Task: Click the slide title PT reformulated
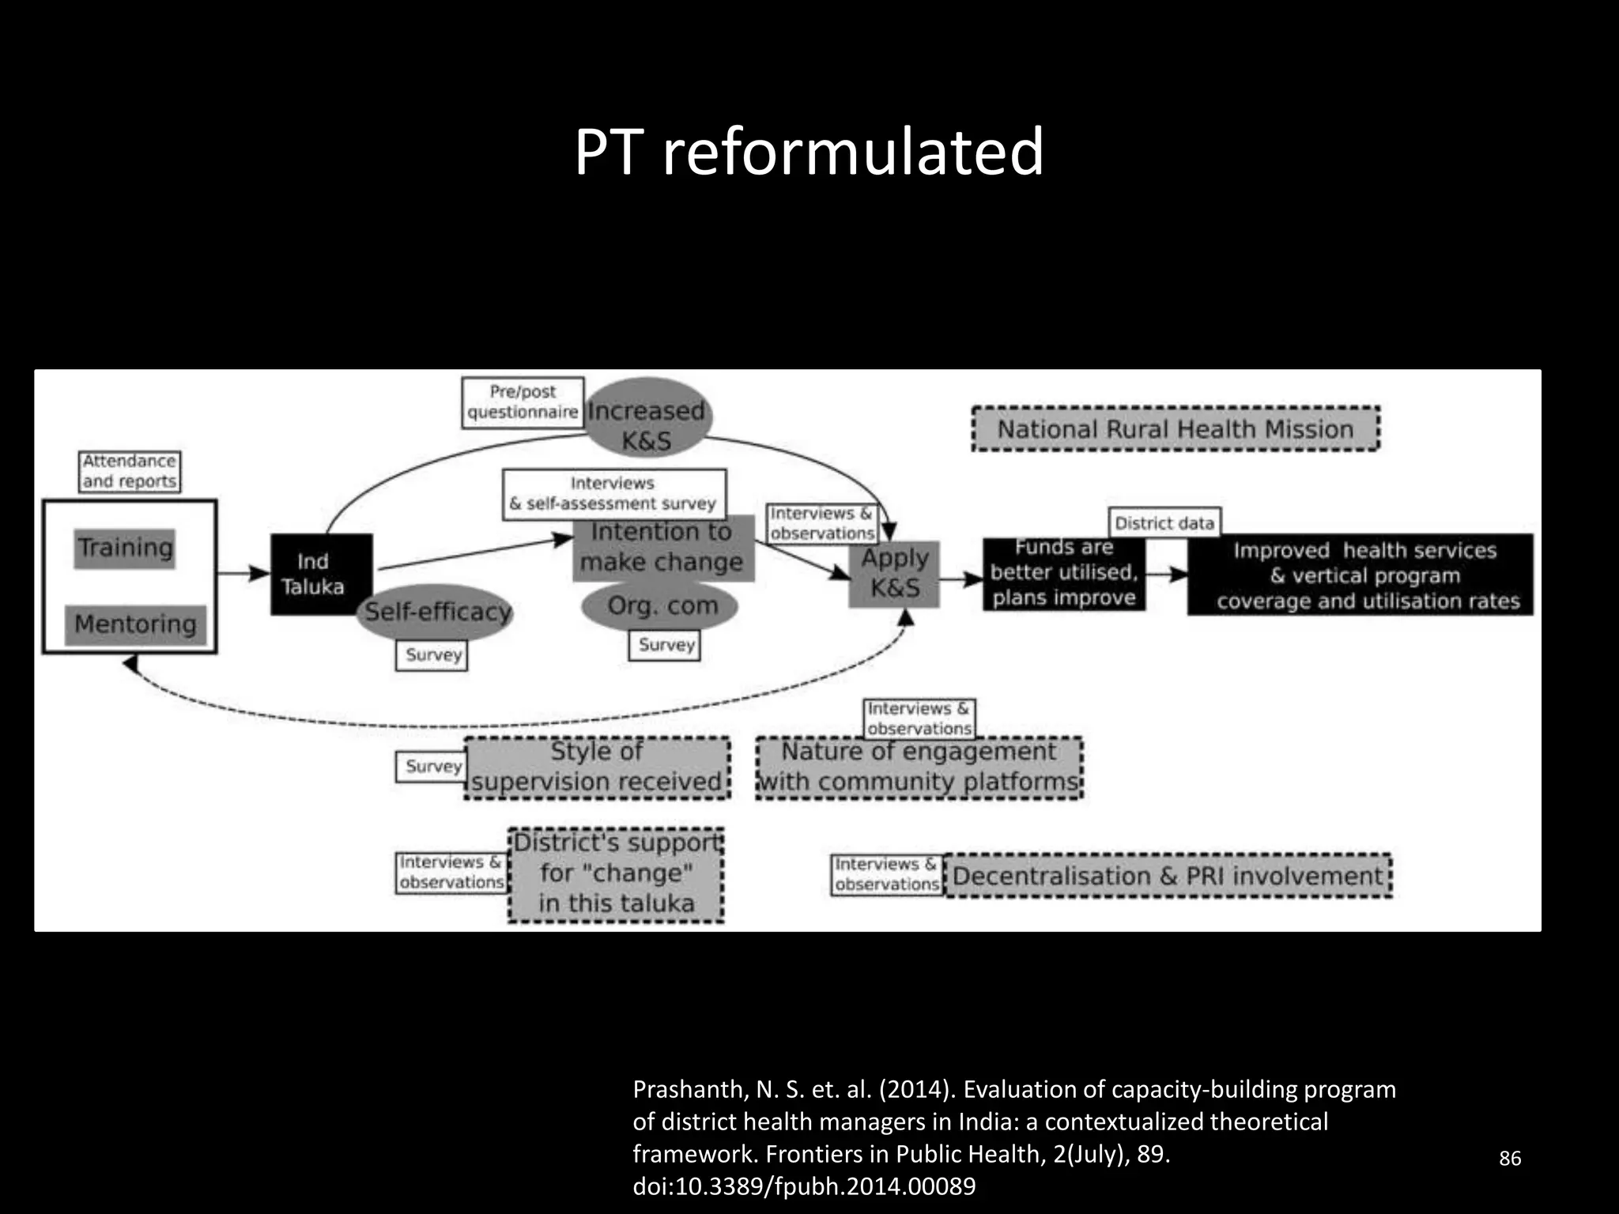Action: coord(809,152)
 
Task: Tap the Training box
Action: coord(125,548)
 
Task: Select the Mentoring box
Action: coord(135,624)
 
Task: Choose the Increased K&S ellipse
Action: coord(647,419)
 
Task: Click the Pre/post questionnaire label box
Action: coord(523,402)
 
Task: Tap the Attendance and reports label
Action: coord(130,472)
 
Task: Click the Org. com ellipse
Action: coord(662,606)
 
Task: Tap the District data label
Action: coord(1164,523)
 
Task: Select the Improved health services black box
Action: coord(1360,575)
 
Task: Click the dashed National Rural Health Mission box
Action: coord(1175,429)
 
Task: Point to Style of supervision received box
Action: coord(597,767)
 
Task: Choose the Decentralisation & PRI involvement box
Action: coord(1168,876)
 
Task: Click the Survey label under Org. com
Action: coord(666,645)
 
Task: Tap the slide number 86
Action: coord(1510,1158)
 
